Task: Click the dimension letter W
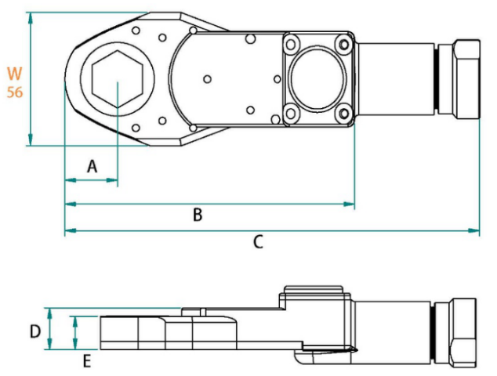(x=14, y=74)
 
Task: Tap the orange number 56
(x=14, y=92)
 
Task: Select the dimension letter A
(x=91, y=166)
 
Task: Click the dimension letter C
(x=258, y=243)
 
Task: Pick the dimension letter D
(x=34, y=331)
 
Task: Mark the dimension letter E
(x=87, y=361)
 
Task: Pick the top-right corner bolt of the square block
(x=343, y=44)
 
